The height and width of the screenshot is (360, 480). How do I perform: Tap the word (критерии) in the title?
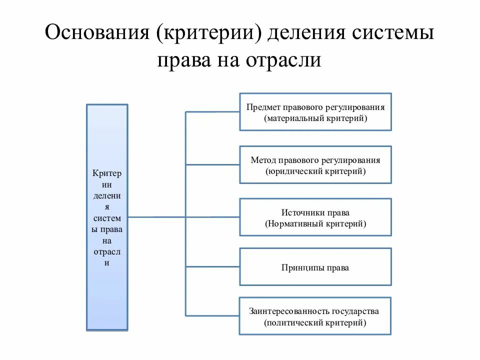point(209,34)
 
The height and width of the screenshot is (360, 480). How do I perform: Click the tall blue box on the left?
point(107,217)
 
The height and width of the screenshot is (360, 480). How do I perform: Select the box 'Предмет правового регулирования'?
point(315,112)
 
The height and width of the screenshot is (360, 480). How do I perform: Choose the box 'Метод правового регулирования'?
point(315,165)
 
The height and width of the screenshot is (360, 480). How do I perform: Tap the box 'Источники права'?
point(315,217)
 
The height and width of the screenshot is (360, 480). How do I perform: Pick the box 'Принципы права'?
point(315,267)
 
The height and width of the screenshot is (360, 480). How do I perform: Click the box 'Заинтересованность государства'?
point(315,316)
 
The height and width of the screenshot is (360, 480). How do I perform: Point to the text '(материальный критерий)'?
point(315,118)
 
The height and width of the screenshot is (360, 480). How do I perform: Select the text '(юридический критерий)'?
point(315,171)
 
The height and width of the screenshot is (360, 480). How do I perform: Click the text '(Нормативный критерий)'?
point(315,224)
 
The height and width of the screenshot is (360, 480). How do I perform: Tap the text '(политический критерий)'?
point(315,323)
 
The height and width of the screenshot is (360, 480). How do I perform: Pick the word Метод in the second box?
point(263,160)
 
